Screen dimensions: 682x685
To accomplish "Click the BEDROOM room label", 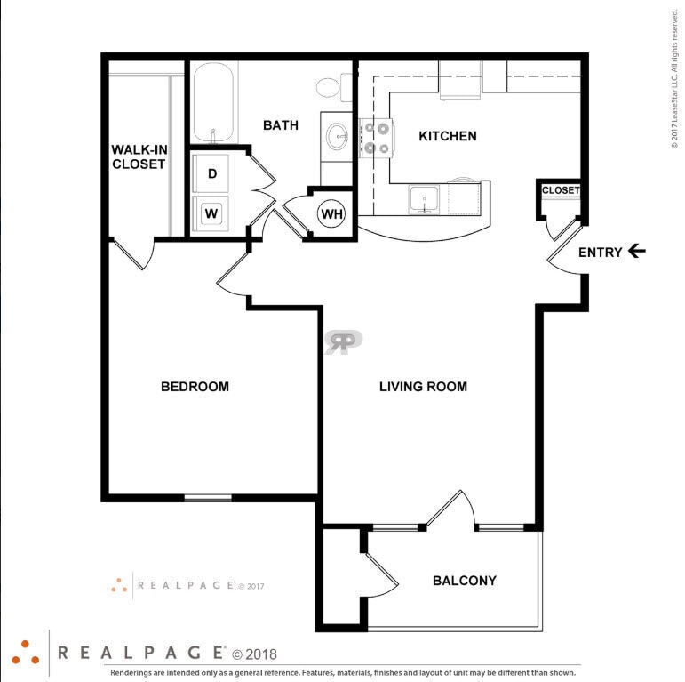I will tap(195, 387).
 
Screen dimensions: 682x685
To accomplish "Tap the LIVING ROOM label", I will tap(423, 387).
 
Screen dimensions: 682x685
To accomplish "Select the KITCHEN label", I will tap(448, 136).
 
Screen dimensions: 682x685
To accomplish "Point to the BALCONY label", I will tap(464, 581).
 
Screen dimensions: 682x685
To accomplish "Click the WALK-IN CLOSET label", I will tap(139, 156).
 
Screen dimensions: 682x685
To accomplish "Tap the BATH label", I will tap(280, 125).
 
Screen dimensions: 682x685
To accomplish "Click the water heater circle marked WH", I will tap(331, 214).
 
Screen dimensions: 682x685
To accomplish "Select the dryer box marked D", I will tap(211, 173).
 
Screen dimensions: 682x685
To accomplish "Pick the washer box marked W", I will tap(211, 213).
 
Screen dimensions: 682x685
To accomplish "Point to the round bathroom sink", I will tap(337, 137).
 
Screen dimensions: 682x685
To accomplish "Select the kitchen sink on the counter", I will tap(425, 200).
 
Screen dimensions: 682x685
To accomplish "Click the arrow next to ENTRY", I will tap(636, 252).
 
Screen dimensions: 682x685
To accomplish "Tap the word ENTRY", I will tap(601, 253).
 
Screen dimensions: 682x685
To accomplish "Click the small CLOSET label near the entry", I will tap(560, 190).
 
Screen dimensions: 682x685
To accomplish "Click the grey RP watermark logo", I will tap(343, 342).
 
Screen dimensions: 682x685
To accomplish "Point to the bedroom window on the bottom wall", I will tap(208, 497).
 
